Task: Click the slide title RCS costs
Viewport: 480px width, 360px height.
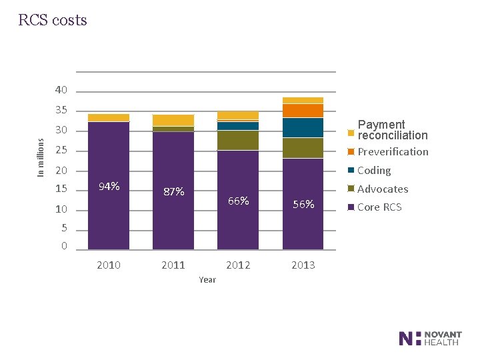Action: [x=53, y=20]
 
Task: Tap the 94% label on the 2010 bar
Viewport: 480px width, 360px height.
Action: [x=109, y=186]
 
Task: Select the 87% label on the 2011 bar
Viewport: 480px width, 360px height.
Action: [x=173, y=192]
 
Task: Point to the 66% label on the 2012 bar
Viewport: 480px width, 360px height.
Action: [x=238, y=201]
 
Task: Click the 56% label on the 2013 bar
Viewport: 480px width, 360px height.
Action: [x=303, y=205]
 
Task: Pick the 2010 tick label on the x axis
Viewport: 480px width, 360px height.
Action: [x=109, y=265]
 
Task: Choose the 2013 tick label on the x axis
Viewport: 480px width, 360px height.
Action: [x=303, y=265]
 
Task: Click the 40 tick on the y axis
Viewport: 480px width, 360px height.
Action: [x=61, y=90]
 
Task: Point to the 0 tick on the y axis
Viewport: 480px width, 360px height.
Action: [x=64, y=246]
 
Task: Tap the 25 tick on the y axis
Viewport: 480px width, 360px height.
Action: [x=61, y=151]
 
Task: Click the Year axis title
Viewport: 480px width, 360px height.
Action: [x=207, y=280]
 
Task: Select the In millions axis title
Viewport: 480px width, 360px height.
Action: [x=41, y=157]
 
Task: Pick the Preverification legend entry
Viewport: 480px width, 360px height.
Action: [x=393, y=151]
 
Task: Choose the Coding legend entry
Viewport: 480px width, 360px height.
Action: [x=374, y=171]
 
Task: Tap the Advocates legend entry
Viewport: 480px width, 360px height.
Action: [x=382, y=189]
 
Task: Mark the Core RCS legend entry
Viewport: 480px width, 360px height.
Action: [x=379, y=207]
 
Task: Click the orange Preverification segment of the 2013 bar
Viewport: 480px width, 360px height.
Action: [x=303, y=111]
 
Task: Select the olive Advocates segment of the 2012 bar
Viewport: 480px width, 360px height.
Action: [x=238, y=140]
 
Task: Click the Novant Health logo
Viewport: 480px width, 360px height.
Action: [x=429, y=338]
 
